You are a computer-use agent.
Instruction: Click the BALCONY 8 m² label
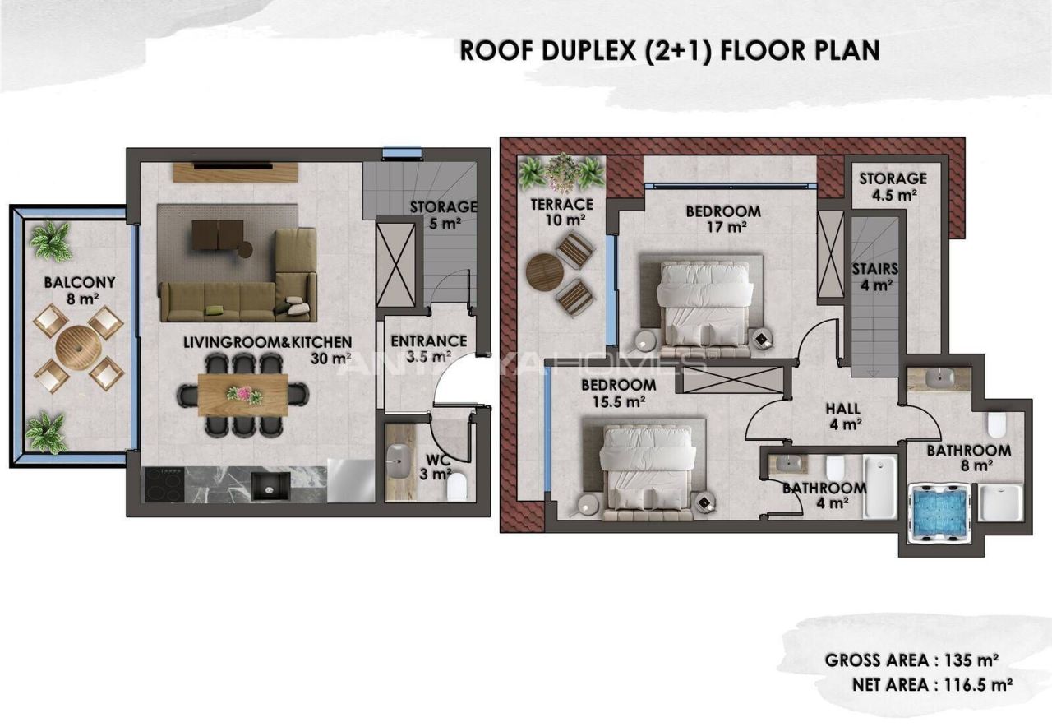point(79,290)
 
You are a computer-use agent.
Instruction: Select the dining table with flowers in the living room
point(242,395)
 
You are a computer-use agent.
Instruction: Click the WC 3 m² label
point(436,466)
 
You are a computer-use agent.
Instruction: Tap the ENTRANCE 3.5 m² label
point(428,348)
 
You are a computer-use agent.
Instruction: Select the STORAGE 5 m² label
point(443,215)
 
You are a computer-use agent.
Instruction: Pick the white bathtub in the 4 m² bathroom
point(879,486)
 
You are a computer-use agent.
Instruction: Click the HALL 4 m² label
point(843,416)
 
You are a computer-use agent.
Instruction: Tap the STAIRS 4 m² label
point(874,277)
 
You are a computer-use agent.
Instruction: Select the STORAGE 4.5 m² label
point(893,186)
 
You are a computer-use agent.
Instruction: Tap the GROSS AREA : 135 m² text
point(911,660)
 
